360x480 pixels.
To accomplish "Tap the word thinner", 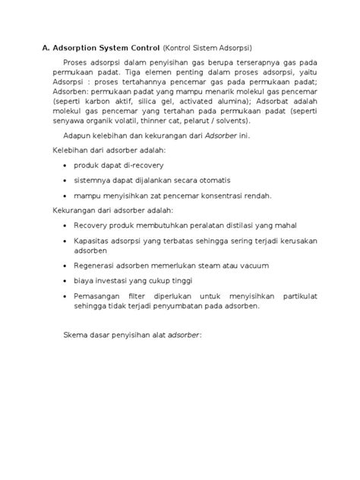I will tap(190, 120).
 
